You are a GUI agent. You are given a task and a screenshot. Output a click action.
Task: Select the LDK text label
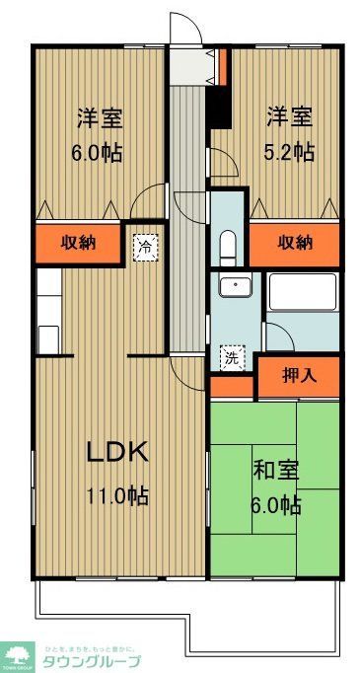(117, 453)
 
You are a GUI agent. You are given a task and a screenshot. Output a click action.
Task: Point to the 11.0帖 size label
(117, 495)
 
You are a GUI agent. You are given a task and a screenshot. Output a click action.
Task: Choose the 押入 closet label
(298, 377)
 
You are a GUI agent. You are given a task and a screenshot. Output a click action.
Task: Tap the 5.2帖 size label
(289, 151)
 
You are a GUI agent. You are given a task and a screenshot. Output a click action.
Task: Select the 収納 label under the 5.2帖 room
(294, 243)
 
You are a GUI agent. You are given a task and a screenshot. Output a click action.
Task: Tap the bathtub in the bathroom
(303, 294)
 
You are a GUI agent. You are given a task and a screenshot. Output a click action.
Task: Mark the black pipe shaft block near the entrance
(219, 109)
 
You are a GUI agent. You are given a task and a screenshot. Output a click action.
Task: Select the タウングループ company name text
(89, 658)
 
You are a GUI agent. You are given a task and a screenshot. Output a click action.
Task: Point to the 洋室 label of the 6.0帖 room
(100, 117)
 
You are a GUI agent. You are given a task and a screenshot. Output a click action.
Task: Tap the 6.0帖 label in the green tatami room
(276, 505)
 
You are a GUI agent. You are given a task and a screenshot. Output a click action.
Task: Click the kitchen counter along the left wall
(47, 312)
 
